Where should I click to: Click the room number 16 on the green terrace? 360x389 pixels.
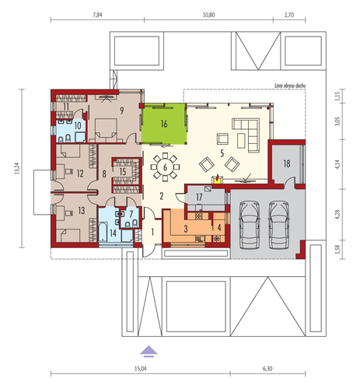(164, 124)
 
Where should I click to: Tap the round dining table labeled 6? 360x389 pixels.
(165, 166)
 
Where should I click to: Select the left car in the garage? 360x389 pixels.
(250, 225)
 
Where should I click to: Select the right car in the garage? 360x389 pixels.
(279, 225)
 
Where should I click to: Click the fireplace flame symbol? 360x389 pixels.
(218, 177)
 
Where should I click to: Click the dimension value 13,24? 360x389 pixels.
(17, 168)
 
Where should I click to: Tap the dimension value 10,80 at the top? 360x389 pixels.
(208, 15)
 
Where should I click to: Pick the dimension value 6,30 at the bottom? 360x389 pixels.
(267, 369)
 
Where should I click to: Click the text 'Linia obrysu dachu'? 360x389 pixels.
(290, 86)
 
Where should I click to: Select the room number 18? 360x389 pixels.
(287, 164)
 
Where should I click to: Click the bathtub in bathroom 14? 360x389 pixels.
(103, 232)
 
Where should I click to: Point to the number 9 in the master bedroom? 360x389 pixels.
(121, 110)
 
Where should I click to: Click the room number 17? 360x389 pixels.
(199, 198)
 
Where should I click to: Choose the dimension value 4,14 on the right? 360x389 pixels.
(337, 164)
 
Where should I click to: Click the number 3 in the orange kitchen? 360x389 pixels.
(186, 229)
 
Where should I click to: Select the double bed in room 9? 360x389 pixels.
(106, 130)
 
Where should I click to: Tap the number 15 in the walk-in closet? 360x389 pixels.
(123, 171)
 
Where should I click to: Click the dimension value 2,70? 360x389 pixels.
(289, 15)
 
